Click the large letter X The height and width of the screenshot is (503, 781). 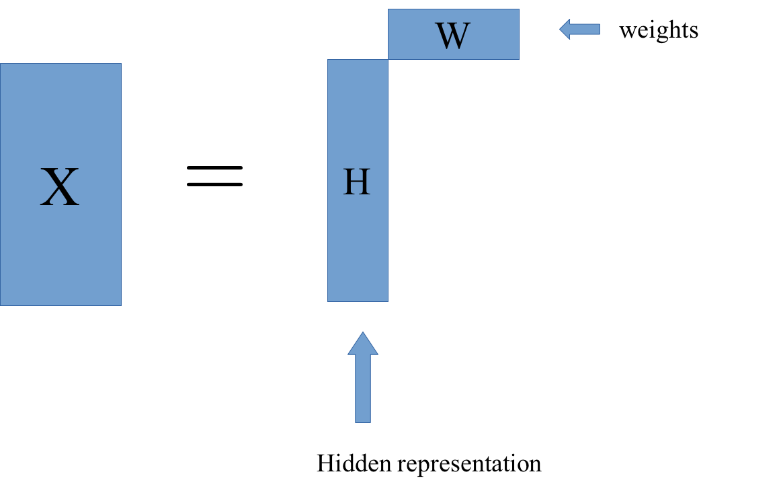pos(60,187)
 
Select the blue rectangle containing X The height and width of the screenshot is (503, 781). pos(60,184)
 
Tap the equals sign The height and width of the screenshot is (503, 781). pos(214,176)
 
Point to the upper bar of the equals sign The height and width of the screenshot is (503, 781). pos(214,168)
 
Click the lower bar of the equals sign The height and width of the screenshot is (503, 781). pos(214,184)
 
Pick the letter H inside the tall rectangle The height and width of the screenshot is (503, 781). pos(357,182)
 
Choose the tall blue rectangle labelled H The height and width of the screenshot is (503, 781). pos(358,180)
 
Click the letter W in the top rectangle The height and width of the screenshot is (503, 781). pos(453,36)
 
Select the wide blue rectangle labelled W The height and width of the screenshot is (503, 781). pos(454,34)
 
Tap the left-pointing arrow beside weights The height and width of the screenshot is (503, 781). pos(580,29)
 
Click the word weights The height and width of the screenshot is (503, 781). pos(659,30)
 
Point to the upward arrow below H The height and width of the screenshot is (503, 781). pos(363,377)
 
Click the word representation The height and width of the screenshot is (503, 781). pos(469,464)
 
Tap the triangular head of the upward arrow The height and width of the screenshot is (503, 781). pos(363,344)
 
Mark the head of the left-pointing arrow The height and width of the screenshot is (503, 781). pos(565,29)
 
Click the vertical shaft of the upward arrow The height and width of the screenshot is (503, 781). pos(363,389)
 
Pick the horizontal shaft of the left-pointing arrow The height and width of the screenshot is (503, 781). pos(585,29)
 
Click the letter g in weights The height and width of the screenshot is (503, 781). pos(656,34)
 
